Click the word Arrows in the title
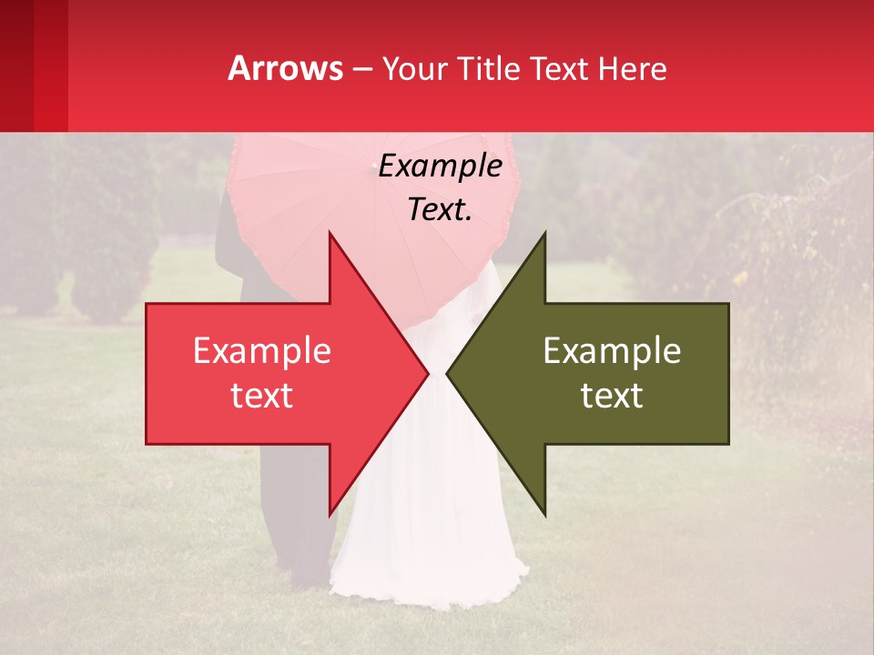coord(286,68)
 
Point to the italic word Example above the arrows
coord(441,166)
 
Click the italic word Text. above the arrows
coord(441,209)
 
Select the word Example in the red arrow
coord(262,351)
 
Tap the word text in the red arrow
coord(262,396)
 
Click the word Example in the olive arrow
coord(612,351)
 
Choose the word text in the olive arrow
coord(612,396)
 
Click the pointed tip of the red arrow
coord(425,374)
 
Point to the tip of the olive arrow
coord(450,374)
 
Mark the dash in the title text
coord(361,69)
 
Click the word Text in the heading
coord(562,68)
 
